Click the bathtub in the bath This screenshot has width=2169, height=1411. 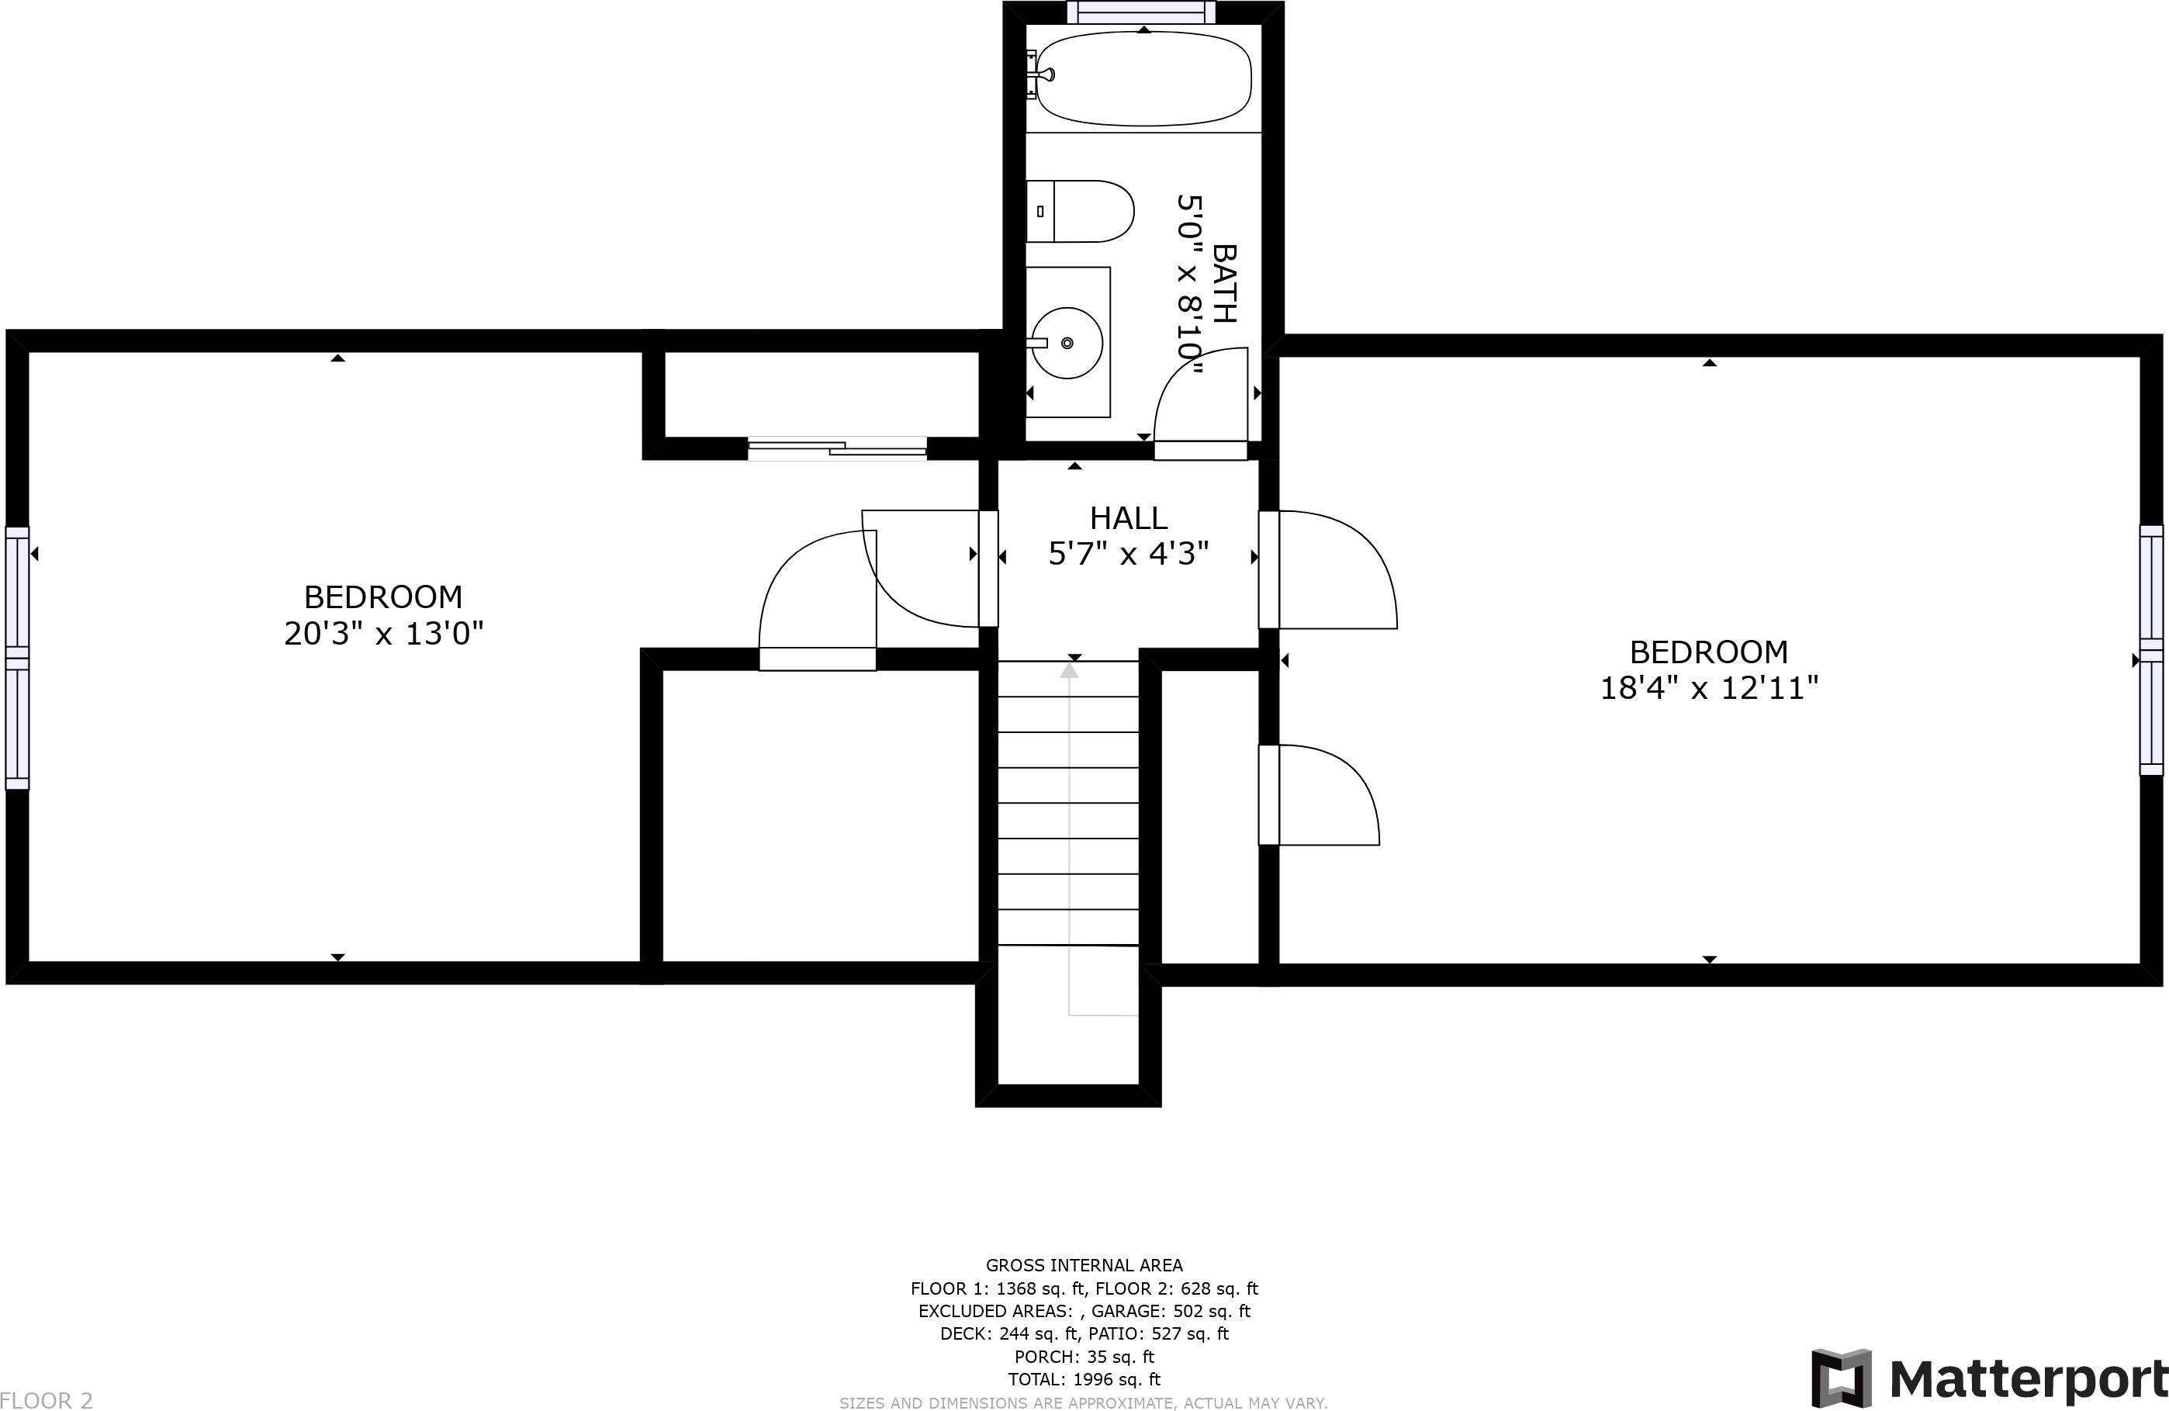[x=1143, y=78]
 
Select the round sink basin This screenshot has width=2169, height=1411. [x=1067, y=343]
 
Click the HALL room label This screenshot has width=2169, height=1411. [x=1128, y=517]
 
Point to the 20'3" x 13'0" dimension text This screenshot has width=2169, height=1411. [x=384, y=632]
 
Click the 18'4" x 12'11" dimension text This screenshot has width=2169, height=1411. [x=1709, y=687]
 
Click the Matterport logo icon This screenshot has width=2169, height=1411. [x=1841, y=1378]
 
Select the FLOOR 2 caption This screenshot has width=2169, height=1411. [x=47, y=1400]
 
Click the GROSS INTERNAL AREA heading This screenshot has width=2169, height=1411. [x=1084, y=1265]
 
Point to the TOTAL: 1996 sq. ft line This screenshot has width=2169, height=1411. [x=1084, y=1379]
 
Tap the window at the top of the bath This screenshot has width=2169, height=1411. [x=1141, y=12]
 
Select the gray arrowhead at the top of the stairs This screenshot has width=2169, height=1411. [x=1069, y=671]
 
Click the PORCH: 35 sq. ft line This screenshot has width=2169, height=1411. [x=1084, y=1356]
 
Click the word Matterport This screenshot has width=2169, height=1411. [x=2029, y=1379]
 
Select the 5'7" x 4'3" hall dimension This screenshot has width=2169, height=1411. [x=1128, y=553]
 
